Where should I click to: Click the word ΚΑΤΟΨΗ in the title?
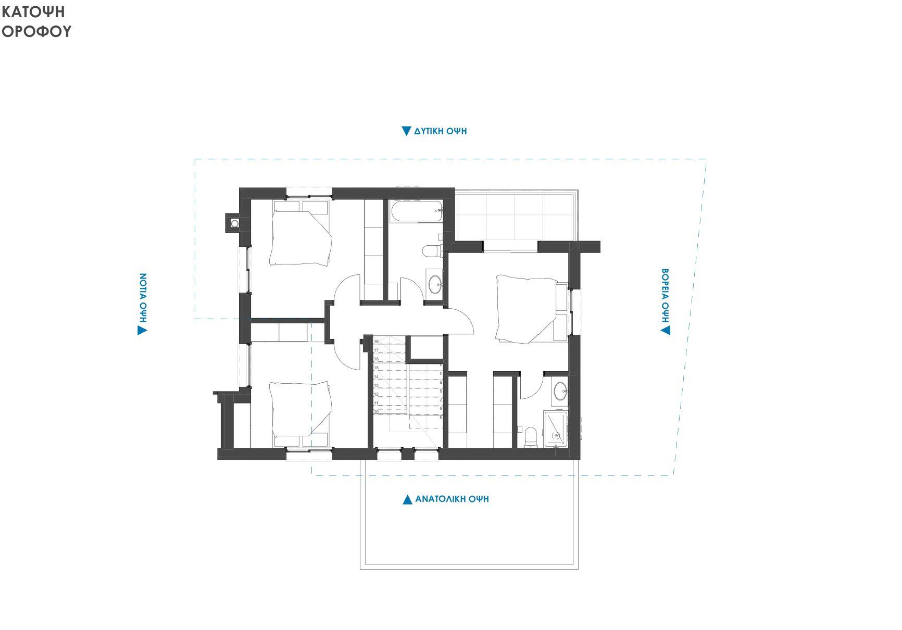click(x=33, y=11)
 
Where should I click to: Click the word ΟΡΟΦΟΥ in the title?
click(x=36, y=32)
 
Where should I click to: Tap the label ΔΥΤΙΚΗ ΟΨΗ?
click(x=441, y=131)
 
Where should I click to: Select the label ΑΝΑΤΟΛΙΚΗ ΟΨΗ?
click(x=452, y=499)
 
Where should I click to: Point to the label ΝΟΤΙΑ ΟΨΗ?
click(x=143, y=298)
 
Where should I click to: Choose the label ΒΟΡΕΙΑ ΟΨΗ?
click(x=665, y=295)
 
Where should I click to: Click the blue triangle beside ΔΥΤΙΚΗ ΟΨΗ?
click(x=407, y=131)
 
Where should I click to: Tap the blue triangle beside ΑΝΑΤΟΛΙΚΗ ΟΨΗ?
click(x=408, y=499)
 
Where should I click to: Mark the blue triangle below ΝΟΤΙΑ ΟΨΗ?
click(x=142, y=331)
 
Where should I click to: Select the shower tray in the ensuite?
click(x=556, y=429)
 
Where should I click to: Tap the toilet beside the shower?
click(x=531, y=436)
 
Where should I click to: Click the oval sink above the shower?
click(x=560, y=391)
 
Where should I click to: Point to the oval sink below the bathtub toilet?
click(x=435, y=284)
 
